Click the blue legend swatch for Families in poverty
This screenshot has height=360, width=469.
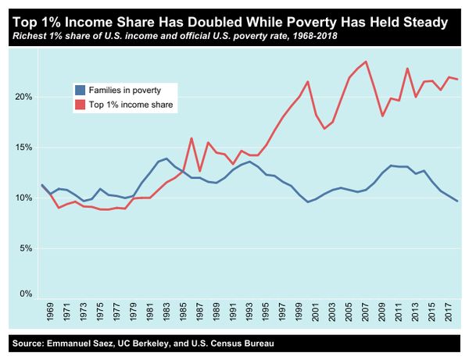(x=79, y=90)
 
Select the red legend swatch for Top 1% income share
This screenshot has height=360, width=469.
(x=79, y=104)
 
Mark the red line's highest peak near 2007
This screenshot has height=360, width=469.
(x=367, y=62)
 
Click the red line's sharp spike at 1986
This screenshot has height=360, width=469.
(x=192, y=138)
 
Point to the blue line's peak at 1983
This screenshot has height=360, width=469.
(x=166, y=159)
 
